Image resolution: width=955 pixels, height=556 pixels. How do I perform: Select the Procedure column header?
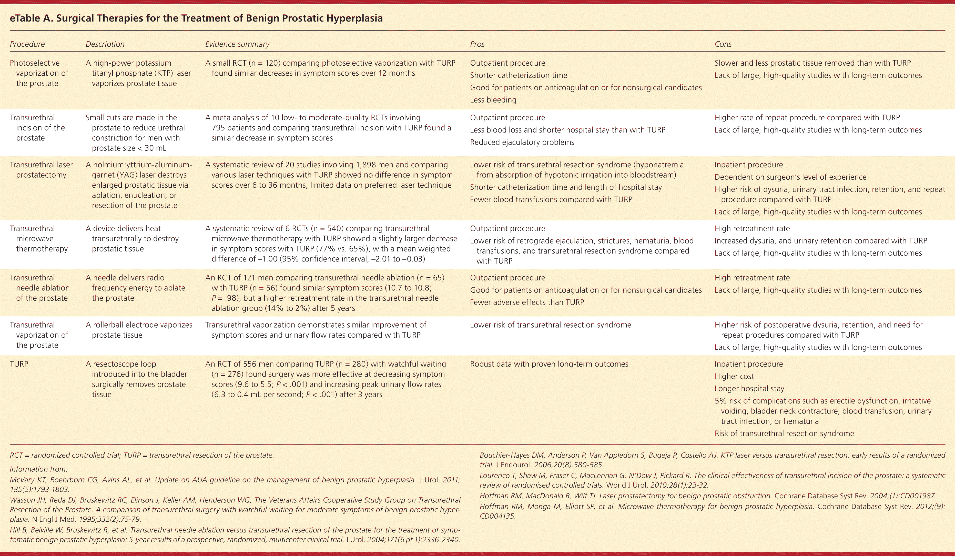click(x=27, y=44)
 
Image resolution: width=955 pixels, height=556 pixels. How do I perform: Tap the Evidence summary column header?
click(x=237, y=44)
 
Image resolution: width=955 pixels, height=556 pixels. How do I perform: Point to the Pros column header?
click(x=477, y=44)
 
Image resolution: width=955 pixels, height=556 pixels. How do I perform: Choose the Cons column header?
click(x=723, y=44)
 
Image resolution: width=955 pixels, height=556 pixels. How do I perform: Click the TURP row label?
click(x=19, y=364)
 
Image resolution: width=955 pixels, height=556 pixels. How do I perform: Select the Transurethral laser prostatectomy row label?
click(x=41, y=170)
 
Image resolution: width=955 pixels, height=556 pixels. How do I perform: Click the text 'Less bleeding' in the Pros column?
click(x=493, y=100)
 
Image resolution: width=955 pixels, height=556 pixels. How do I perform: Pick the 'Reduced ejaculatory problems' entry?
click(x=522, y=142)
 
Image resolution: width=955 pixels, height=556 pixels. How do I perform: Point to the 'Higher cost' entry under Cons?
click(x=734, y=376)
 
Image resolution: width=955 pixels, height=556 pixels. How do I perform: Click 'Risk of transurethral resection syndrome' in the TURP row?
click(x=784, y=433)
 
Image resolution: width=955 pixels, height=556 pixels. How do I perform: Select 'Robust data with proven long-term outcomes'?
click(x=549, y=364)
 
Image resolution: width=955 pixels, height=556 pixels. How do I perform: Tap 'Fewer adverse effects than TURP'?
click(x=527, y=302)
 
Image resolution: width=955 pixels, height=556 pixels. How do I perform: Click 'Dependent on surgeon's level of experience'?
click(x=790, y=177)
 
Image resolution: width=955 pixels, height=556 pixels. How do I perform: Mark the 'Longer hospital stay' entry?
click(x=749, y=388)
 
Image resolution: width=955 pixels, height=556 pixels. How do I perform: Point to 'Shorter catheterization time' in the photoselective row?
click(x=519, y=75)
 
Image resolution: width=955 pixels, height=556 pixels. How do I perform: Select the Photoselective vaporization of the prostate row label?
click(x=39, y=73)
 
